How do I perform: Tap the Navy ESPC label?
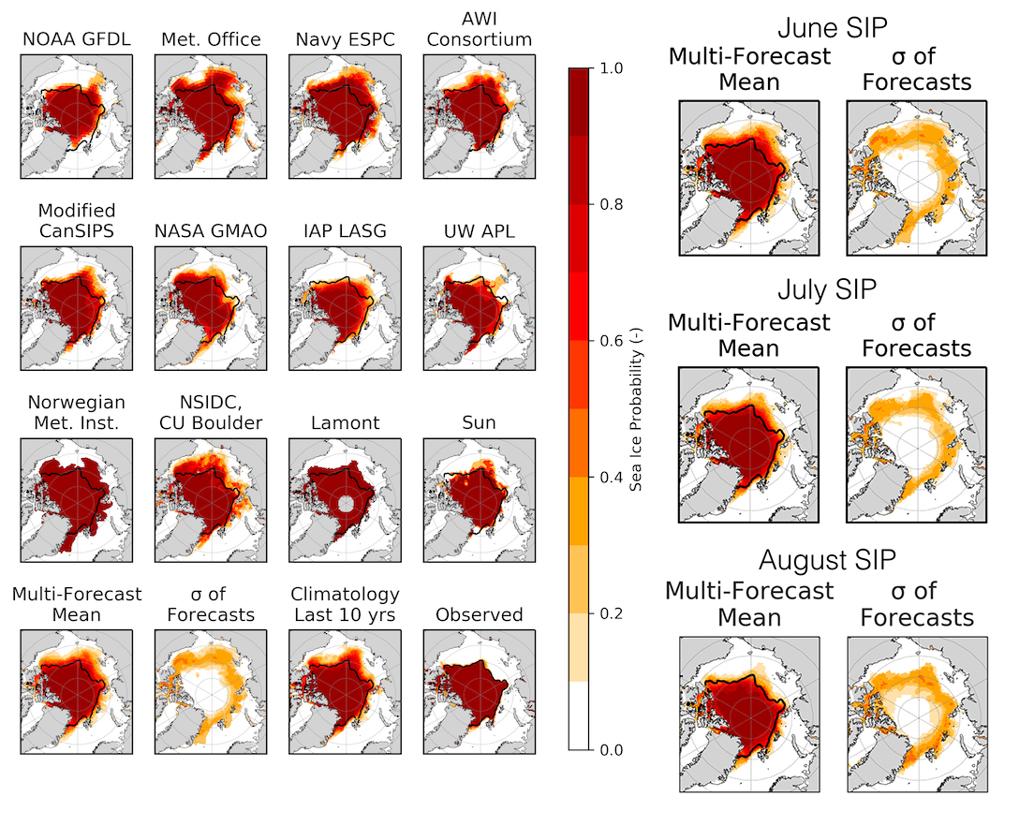(x=344, y=39)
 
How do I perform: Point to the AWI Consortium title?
(x=479, y=29)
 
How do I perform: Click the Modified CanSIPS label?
(x=77, y=221)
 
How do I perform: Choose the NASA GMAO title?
(x=210, y=230)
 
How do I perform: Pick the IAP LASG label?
(x=344, y=230)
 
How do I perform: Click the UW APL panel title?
(x=479, y=230)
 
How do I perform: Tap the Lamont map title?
(x=344, y=422)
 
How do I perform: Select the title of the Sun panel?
(x=479, y=422)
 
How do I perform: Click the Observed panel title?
(x=479, y=614)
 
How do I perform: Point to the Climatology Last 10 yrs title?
(x=345, y=604)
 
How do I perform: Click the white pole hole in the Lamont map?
(x=346, y=504)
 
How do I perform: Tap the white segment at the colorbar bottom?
(x=579, y=715)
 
